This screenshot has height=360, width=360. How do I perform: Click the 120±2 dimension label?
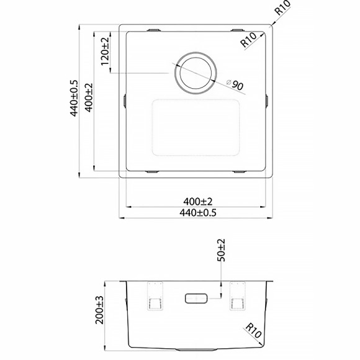(x=105, y=51)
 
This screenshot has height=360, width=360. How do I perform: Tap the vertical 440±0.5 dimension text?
(x=74, y=98)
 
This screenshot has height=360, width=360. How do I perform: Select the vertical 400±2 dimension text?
(x=89, y=97)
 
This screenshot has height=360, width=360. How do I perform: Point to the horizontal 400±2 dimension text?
(x=197, y=202)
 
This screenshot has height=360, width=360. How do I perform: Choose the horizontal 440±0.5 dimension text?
(x=197, y=213)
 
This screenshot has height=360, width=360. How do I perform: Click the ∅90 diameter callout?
(x=235, y=84)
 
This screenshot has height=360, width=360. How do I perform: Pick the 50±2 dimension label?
(x=221, y=250)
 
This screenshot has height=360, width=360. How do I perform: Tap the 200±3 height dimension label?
(x=99, y=310)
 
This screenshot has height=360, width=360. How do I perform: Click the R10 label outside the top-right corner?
(x=282, y=7)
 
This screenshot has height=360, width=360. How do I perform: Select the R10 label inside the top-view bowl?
(x=248, y=40)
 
